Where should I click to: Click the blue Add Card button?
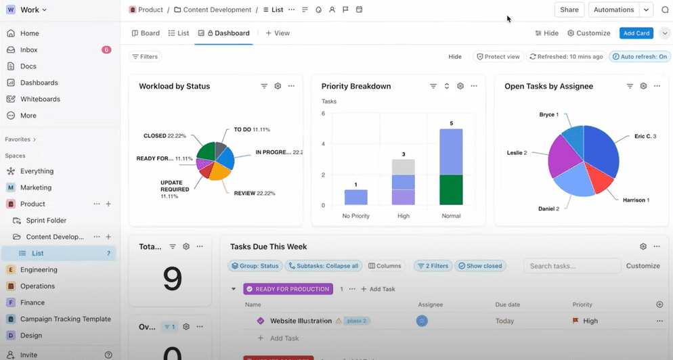pos(636,33)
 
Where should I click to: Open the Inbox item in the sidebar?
pos(28,50)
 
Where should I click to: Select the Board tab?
pos(146,33)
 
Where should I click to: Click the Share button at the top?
pos(569,9)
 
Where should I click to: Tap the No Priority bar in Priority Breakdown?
pos(355,197)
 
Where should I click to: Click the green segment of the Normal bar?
pos(451,189)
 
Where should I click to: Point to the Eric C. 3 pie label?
pos(645,136)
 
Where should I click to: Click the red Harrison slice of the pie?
pos(599,178)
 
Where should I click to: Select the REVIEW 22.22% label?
pos(254,194)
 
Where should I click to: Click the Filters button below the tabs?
pos(145,57)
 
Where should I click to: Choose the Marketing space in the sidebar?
pos(36,187)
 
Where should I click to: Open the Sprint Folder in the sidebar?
pos(46,221)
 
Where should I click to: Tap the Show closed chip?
pos(480,266)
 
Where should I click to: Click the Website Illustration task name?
pos(301,321)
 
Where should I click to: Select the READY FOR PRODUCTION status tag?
pos(288,289)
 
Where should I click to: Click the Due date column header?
pos(507,305)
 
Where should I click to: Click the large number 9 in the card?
pos(173,279)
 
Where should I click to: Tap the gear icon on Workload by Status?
pos(278,86)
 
